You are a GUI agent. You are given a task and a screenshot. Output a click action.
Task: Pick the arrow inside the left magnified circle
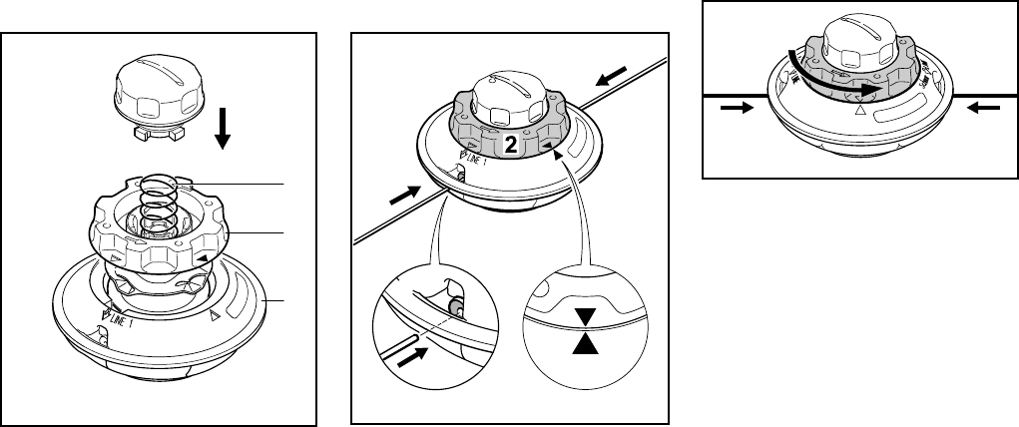[412, 357]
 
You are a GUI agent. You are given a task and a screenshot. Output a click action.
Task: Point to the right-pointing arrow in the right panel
[733, 109]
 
